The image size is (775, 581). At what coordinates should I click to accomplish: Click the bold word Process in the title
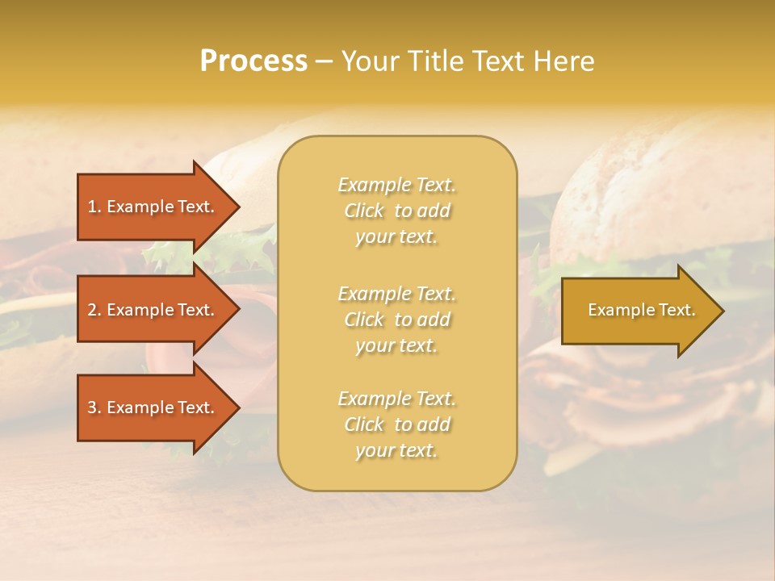click(253, 61)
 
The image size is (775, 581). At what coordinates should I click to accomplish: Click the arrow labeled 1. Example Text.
click(153, 207)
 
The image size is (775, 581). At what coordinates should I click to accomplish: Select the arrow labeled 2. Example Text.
click(153, 310)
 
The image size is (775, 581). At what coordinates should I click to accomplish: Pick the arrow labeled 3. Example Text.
click(153, 408)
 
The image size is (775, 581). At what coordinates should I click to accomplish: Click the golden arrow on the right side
click(638, 310)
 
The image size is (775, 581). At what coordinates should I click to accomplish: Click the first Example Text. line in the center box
click(397, 185)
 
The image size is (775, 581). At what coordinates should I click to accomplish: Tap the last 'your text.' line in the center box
click(397, 450)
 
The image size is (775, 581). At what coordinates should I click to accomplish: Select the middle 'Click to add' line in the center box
click(397, 320)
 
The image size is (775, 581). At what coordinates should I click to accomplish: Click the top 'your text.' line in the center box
click(397, 236)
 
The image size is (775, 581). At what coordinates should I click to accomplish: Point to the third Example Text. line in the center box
click(397, 399)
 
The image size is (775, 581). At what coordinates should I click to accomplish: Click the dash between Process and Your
click(324, 61)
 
